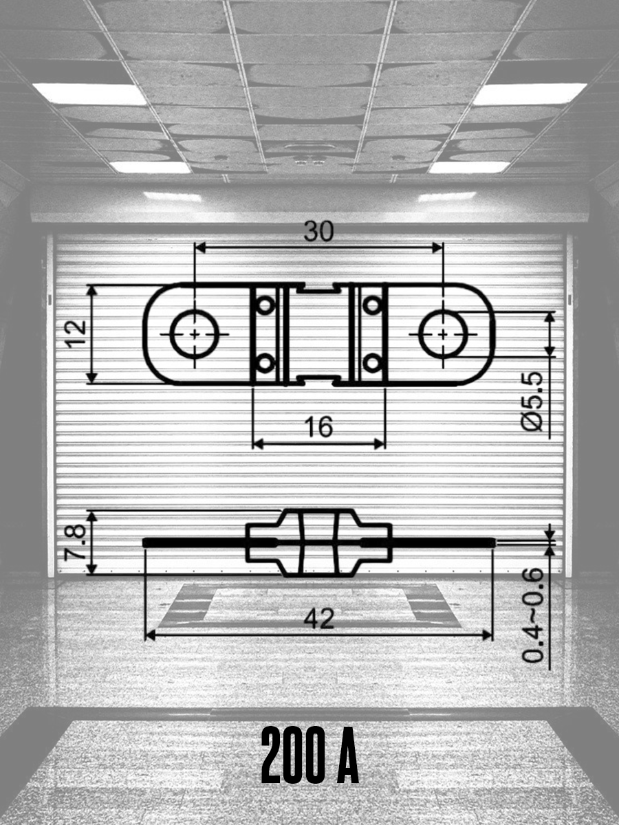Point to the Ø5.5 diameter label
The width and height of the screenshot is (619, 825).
pos(532,401)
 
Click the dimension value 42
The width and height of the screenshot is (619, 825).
pos(319,619)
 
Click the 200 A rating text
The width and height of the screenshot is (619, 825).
pos(310,756)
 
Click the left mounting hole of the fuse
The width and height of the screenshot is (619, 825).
pos(195,333)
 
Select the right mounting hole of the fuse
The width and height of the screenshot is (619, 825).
pos(443,333)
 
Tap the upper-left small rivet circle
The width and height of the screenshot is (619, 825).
pos(265,305)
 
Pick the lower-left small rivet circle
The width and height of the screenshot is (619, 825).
pos(265,362)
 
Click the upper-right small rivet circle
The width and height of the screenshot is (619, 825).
pos(372,305)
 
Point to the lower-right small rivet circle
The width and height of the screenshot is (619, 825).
pos(372,362)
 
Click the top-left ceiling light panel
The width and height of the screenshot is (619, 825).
pos(89,93)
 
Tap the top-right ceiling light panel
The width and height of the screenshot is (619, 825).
pos(530,93)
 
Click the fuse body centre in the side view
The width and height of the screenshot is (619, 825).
pos(318,542)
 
